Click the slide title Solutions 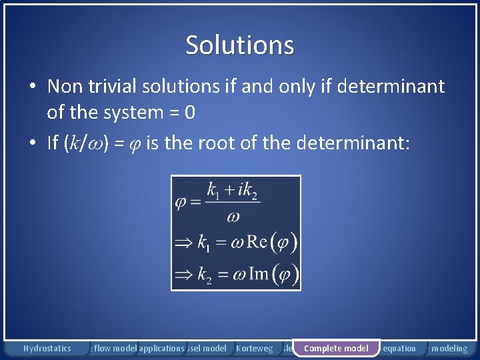(x=239, y=45)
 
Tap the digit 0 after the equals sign (x=190, y=113)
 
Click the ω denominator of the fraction (x=233, y=215)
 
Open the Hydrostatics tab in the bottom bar (x=47, y=348)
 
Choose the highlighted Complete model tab (x=336, y=348)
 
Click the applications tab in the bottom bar (x=161, y=348)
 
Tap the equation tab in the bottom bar (x=400, y=348)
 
